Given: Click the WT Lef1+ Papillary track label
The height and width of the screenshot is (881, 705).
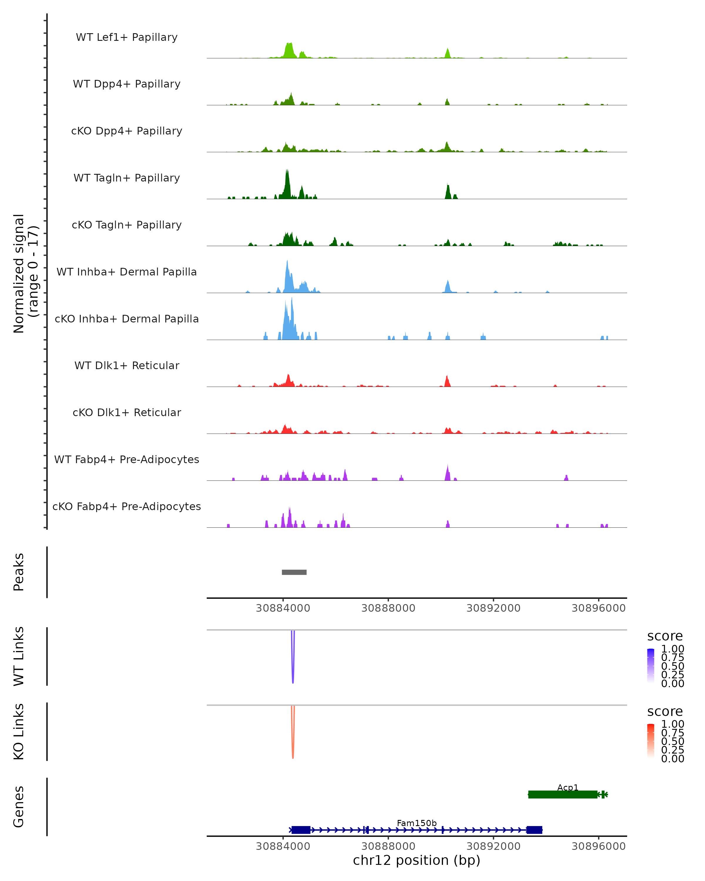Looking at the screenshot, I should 127,37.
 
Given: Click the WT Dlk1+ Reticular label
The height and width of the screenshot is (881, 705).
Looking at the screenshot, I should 127,365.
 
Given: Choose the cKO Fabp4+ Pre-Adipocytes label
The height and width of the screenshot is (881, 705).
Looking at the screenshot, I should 127,506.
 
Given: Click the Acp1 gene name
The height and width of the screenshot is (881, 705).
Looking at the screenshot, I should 568,787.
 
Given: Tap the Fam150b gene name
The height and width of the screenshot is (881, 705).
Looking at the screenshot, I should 417,823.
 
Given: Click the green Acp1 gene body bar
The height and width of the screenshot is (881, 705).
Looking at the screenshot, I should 562,794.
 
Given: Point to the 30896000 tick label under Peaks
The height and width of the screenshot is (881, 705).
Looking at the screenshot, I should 598,608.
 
